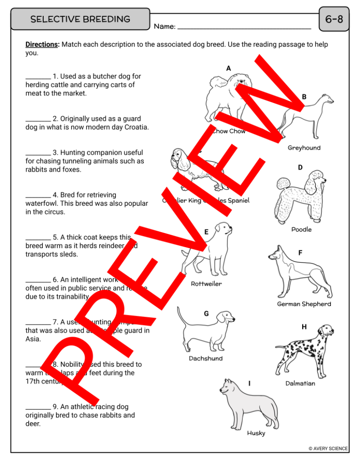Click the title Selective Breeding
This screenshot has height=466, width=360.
tap(80, 19)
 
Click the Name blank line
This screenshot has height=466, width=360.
tap(244, 27)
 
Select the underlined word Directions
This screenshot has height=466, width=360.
tap(42, 45)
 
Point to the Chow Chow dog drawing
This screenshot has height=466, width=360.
tap(228, 98)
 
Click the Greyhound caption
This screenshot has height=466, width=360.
tap(304, 148)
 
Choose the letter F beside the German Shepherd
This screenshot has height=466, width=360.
tap(300, 253)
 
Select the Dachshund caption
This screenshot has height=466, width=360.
tap(206, 359)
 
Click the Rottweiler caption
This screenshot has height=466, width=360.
tap(206, 284)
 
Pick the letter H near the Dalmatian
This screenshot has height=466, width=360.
tap(304, 327)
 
